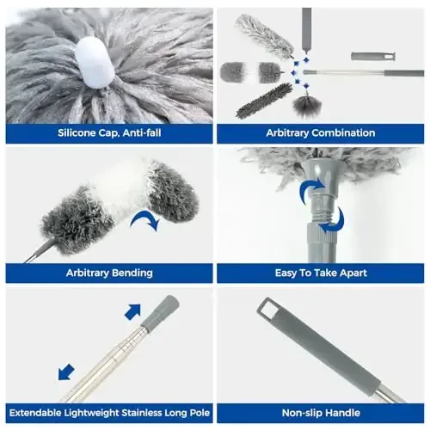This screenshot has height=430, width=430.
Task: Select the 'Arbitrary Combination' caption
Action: click(320, 133)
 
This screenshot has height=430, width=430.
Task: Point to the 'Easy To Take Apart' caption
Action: click(320, 273)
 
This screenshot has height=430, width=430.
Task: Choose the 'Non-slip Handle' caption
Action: click(320, 412)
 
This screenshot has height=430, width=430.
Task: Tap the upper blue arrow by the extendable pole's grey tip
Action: click(132, 311)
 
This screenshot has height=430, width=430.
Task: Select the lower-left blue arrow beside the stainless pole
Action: click(65, 372)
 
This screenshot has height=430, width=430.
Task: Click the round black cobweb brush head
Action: click(306, 105)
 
